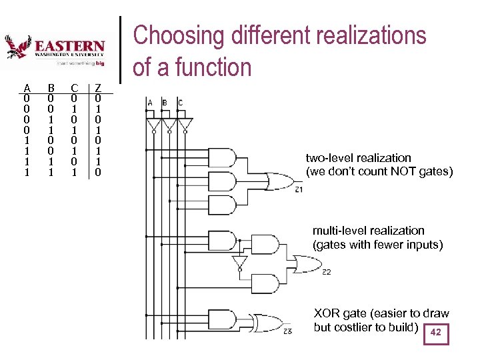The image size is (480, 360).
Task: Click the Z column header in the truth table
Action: pos(98,87)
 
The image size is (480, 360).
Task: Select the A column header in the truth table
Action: pos(27,87)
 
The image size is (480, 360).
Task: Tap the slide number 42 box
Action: pos(436,333)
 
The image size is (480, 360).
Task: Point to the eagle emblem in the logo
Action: pos(18,47)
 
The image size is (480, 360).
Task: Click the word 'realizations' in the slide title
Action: pos(365,35)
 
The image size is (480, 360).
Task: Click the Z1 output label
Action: pos(298,190)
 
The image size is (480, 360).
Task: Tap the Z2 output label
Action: pos(326,272)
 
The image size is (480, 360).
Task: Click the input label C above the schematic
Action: pos(180,103)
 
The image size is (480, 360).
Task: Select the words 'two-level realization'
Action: pos(358,158)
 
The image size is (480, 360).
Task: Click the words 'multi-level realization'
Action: pos(368,231)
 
